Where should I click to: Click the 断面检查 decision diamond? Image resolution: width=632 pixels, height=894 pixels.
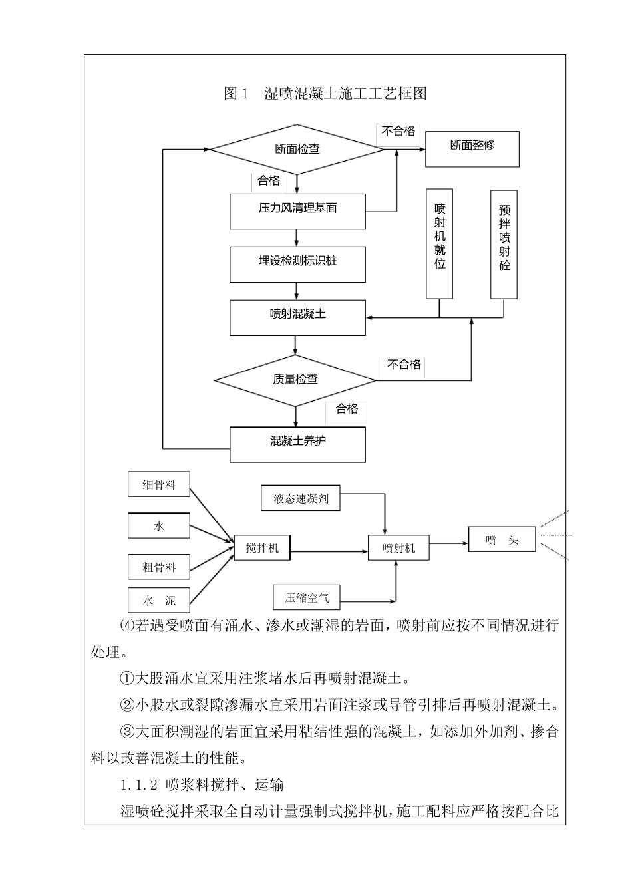[x=297, y=149]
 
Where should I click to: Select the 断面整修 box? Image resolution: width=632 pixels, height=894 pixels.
[x=472, y=148]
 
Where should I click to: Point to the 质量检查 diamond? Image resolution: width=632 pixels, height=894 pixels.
[x=295, y=380]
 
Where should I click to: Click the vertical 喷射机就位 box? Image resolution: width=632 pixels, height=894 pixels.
[x=440, y=244]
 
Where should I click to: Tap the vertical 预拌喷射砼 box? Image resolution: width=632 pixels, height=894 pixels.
[x=504, y=244]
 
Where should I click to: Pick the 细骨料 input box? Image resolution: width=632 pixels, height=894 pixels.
[x=159, y=484]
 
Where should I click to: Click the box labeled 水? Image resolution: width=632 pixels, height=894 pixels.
[x=159, y=525]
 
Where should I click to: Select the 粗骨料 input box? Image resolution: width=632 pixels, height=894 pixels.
[x=159, y=567]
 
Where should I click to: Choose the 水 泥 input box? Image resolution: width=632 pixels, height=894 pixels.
[x=159, y=600]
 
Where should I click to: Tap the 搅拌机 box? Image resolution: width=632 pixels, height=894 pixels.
[x=262, y=547]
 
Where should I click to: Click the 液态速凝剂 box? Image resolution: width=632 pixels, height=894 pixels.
[x=301, y=498]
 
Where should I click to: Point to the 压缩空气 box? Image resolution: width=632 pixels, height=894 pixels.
[x=307, y=597]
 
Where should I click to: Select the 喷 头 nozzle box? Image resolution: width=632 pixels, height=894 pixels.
[x=502, y=539]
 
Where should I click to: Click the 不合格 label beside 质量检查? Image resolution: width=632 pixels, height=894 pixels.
[x=404, y=365]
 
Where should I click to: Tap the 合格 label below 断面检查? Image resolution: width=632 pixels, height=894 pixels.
[x=269, y=181]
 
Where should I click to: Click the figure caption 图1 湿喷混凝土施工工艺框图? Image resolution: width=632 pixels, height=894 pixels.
[x=325, y=94]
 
